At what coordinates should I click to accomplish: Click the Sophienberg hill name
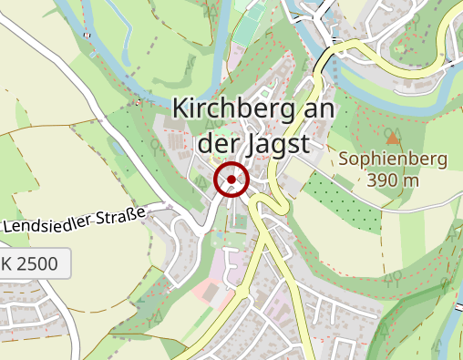393,159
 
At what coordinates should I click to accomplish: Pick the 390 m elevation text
394,180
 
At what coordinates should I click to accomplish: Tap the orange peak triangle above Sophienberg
393,139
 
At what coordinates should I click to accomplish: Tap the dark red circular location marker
231,180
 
